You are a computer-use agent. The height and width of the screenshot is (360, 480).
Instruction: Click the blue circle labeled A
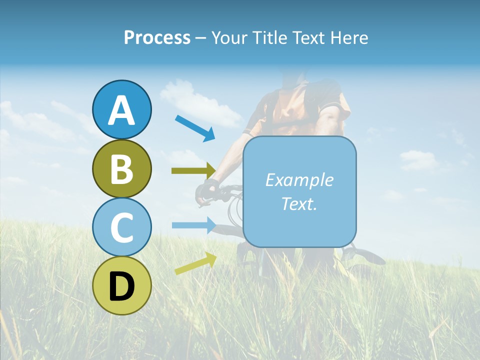coord(121,109)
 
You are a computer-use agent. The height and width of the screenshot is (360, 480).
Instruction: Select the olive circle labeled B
coord(121,168)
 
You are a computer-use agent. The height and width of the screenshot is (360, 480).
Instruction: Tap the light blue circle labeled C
coord(121,227)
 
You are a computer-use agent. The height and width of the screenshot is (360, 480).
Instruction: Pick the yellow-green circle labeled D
coord(121,285)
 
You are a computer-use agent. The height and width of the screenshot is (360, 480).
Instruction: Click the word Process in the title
coord(157,37)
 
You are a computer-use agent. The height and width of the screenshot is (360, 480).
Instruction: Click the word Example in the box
coord(299,180)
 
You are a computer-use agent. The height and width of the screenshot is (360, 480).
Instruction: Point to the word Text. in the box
coord(299,203)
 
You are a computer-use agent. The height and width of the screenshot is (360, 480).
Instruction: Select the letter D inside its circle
coord(121,286)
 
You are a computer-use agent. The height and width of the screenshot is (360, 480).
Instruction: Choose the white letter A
coord(121,110)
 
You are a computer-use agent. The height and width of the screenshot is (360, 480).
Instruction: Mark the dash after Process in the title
coord(201,38)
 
